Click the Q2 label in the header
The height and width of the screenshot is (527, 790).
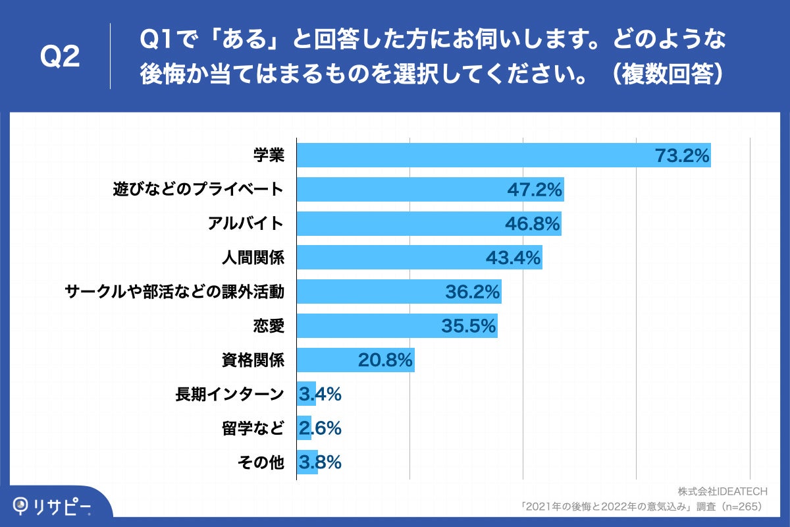coord(61,57)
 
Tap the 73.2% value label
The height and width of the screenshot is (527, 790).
coord(682,155)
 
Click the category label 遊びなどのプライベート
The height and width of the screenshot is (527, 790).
coord(198,190)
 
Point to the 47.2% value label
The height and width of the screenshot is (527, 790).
coord(535,190)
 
